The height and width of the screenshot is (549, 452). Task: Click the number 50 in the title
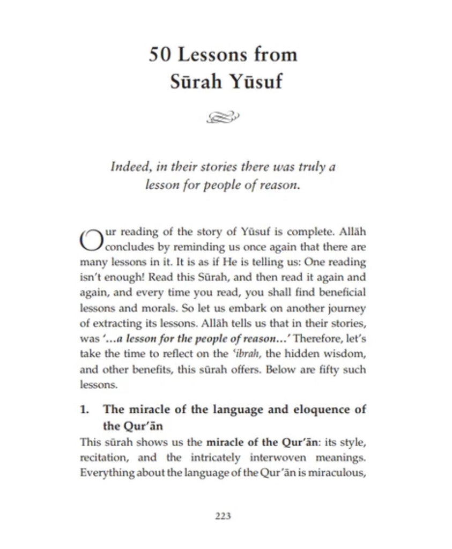click(x=159, y=55)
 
